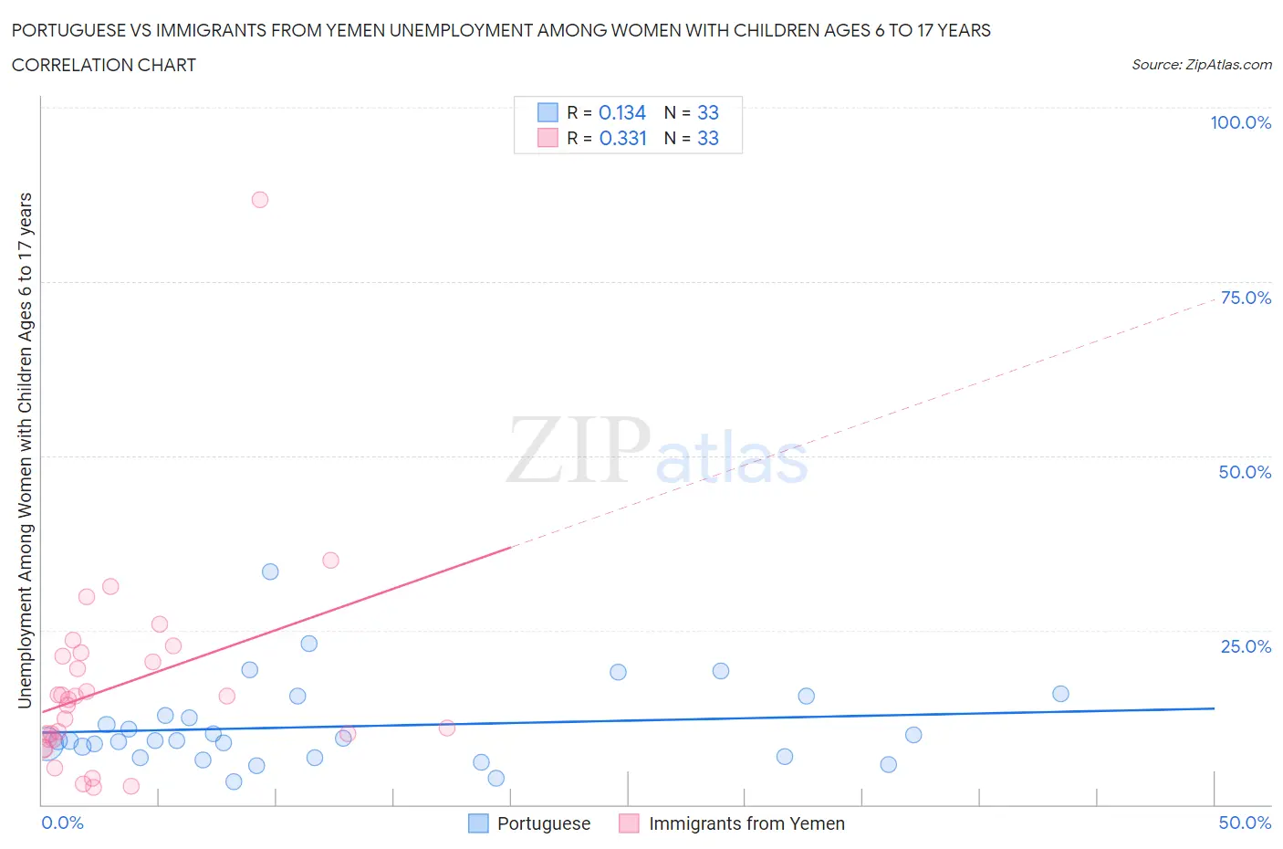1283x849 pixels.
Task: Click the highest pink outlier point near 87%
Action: coord(260,200)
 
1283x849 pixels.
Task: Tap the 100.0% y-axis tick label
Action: coord(1240,122)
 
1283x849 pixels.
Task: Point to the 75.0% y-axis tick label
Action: coord(1246,298)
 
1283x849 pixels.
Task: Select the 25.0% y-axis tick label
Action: coord(1246,646)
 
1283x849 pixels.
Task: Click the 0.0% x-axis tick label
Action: coord(62,823)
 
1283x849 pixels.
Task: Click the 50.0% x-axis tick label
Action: coord(1245,823)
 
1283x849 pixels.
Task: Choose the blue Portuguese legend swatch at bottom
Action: coord(478,823)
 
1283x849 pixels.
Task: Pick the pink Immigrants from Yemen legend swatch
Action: coord(629,823)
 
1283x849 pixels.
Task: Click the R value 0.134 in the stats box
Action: coord(622,112)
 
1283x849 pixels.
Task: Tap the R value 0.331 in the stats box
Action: coord(622,138)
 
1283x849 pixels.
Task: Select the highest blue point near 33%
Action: coord(270,571)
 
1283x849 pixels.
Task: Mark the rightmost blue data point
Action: coord(1060,694)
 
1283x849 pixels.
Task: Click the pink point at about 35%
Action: coord(330,561)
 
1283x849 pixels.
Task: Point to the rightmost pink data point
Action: coord(447,728)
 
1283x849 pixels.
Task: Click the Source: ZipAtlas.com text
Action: coord(1201,65)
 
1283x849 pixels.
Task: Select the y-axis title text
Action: coord(25,450)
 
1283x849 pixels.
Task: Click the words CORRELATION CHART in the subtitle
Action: coord(104,65)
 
